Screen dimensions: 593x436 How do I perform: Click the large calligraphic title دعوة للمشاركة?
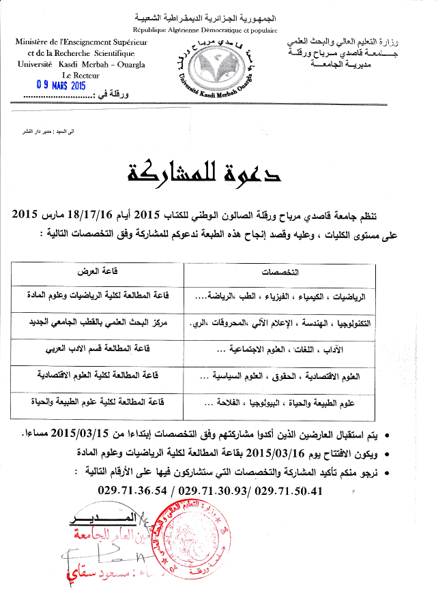(x=204, y=174)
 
